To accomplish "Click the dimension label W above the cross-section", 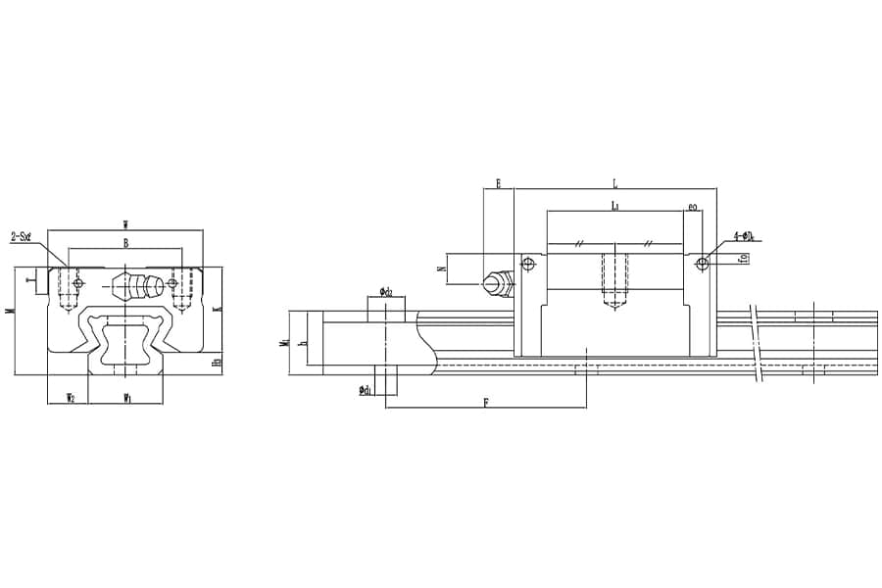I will click(125, 225).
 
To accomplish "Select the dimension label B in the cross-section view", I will click(125, 242).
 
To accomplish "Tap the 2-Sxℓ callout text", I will click(23, 236).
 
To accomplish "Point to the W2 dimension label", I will click(70, 397).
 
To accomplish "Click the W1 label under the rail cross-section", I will click(126, 397).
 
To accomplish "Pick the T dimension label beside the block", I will click(30, 281).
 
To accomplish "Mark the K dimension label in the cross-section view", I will click(217, 309).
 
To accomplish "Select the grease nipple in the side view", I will click(497, 284).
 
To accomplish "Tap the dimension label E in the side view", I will click(498, 183).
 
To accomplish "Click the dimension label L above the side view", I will click(614, 183).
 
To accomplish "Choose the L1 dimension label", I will click(614, 206).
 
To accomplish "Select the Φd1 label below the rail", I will click(365, 390).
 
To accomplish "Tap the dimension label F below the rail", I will click(486, 402).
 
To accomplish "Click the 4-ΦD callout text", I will click(743, 236).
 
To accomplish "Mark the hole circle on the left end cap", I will click(529, 263).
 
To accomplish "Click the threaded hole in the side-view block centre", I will click(614, 277).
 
